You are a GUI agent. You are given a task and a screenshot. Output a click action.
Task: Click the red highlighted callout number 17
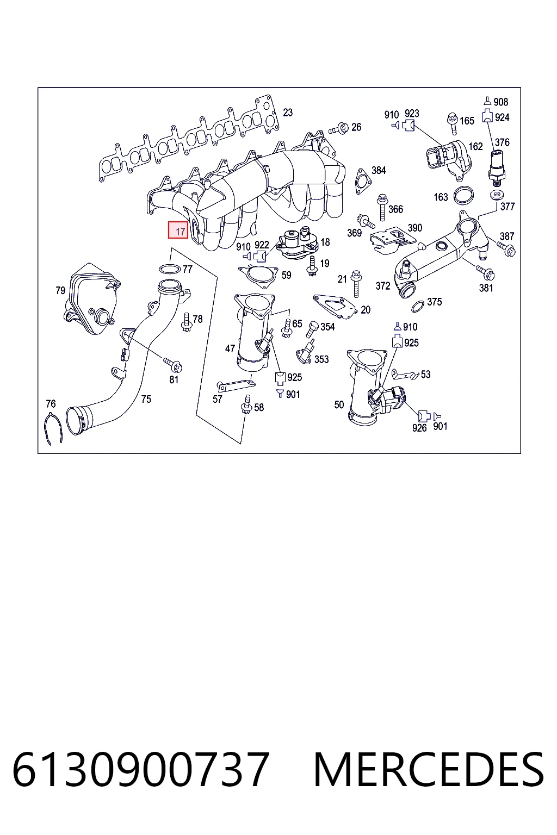pyautogui.click(x=178, y=230)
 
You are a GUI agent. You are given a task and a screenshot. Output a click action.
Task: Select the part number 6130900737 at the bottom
pyautogui.click(x=141, y=769)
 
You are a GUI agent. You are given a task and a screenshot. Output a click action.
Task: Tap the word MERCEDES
pyautogui.click(x=429, y=769)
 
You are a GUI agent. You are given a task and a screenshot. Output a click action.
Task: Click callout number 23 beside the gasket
pyautogui.click(x=288, y=112)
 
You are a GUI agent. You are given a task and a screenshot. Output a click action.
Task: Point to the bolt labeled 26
pyautogui.click(x=338, y=129)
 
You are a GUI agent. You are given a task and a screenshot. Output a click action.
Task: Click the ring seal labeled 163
pyautogui.click(x=463, y=195)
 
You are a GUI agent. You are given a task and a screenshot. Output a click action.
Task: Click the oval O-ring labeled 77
pyautogui.click(x=170, y=269)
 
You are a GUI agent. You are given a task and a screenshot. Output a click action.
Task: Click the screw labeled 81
pyautogui.click(x=173, y=364)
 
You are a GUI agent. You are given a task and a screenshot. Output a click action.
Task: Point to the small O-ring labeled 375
pyautogui.click(x=417, y=306)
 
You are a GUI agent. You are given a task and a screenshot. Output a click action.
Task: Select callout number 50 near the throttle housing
pyautogui.click(x=339, y=404)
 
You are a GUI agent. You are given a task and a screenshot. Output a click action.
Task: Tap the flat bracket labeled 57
pyautogui.click(x=236, y=385)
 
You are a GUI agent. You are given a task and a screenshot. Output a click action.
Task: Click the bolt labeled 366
pyautogui.click(x=382, y=207)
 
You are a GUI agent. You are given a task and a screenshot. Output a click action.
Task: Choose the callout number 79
pyautogui.click(x=60, y=290)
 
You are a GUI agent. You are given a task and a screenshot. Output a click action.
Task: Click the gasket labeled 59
pyautogui.click(x=258, y=276)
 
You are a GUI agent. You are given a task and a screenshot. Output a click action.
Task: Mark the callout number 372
pyautogui.click(x=383, y=286)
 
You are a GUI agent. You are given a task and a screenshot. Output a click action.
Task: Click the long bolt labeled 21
pyautogui.click(x=356, y=284)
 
